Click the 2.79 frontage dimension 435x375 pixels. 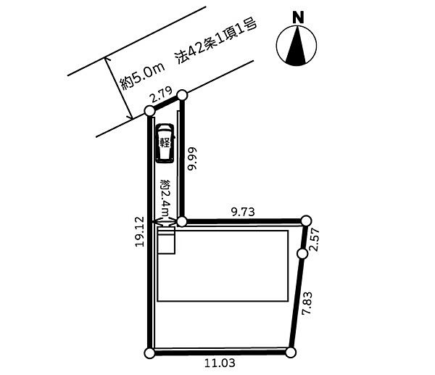click(x=161, y=95)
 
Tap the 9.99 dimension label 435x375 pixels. click(x=192, y=159)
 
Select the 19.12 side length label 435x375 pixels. click(x=140, y=232)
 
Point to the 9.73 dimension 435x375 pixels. click(x=243, y=212)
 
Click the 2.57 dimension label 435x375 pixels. click(x=315, y=239)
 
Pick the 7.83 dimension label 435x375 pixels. click(x=307, y=303)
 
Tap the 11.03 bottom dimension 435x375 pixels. click(x=220, y=363)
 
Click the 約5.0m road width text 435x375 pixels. click(x=142, y=75)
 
